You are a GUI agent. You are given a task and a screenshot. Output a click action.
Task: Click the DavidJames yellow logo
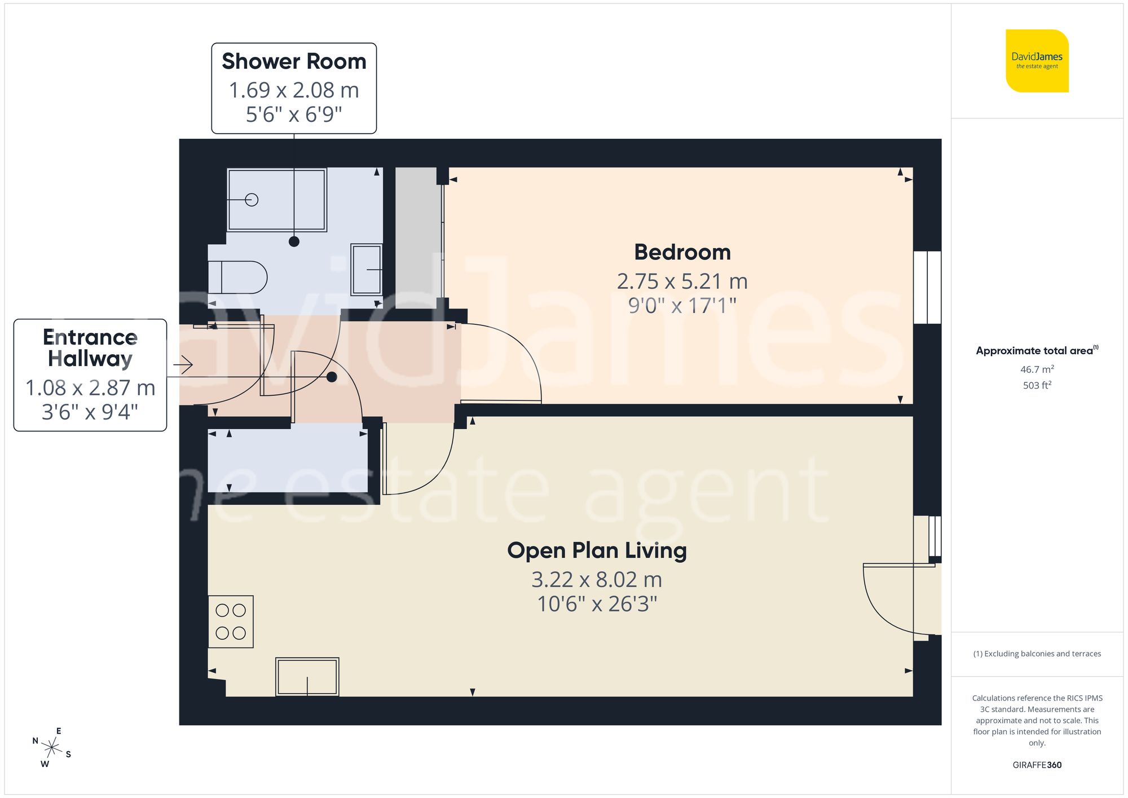point(1037,61)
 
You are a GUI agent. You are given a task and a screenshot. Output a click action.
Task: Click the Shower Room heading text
point(294,61)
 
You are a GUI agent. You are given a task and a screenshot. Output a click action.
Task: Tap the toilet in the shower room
point(237,277)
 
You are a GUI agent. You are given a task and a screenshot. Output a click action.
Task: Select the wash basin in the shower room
point(367,269)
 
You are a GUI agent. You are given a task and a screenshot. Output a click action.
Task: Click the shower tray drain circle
point(252,200)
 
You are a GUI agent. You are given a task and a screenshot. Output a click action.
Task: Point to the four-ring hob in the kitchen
point(231,621)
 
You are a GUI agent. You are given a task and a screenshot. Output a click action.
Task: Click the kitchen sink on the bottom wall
point(307,677)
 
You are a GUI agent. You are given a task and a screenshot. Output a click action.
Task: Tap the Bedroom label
point(682,252)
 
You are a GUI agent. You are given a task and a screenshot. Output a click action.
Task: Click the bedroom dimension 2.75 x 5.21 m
point(682,281)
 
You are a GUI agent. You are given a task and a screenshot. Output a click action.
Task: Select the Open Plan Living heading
point(597,550)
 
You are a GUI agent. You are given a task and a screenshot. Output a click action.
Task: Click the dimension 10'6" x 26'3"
point(597,604)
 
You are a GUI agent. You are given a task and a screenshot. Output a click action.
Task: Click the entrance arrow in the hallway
point(183,365)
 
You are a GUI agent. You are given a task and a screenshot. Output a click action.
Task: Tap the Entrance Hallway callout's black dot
point(332,377)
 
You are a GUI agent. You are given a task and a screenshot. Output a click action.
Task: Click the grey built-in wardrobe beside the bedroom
point(417,237)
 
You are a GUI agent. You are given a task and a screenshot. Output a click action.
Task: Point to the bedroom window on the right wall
point(927,287)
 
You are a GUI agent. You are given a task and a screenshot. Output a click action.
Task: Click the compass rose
point(52,748)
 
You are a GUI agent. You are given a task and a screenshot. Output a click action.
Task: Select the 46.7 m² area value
point(1037,369)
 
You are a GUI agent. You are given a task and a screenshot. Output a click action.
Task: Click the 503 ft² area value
point(1037,385)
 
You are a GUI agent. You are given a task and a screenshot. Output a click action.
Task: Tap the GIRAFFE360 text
point(1037,765)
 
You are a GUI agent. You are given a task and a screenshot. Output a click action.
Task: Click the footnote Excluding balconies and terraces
point(1037,654)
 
